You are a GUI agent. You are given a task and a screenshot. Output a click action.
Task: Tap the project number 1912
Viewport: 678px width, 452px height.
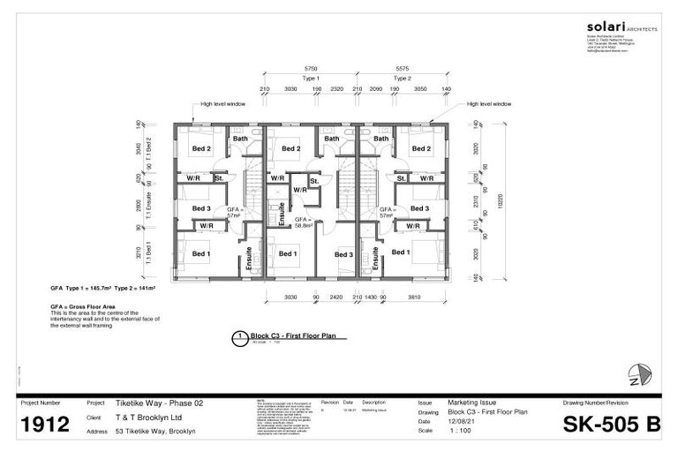[45, 425]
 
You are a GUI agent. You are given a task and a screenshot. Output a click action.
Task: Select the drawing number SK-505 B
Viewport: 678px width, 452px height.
[612, 425]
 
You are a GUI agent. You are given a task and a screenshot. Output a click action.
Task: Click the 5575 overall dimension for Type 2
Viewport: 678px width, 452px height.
[402, 67]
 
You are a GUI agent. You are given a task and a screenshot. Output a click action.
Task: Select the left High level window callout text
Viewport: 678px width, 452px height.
[223, 103]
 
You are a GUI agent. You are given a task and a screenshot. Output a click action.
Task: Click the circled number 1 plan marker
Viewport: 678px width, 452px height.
[238, 336]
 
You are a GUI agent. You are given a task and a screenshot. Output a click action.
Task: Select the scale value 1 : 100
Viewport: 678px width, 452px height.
[459, 431]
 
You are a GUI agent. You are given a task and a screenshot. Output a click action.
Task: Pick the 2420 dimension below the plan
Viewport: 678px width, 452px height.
[336, 298]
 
